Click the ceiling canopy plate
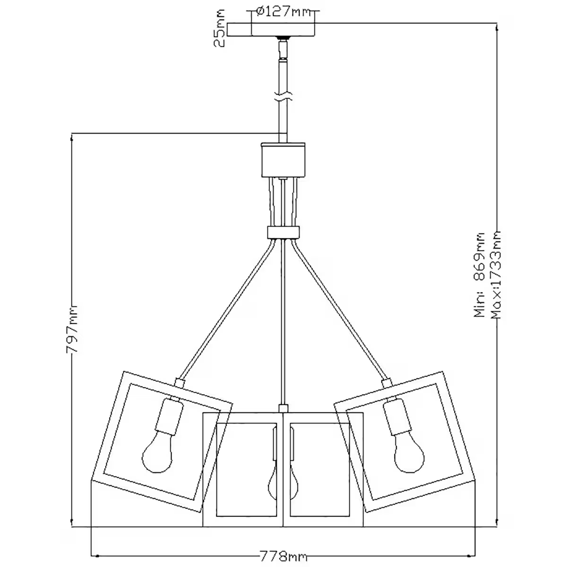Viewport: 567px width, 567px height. (x=272, y=30)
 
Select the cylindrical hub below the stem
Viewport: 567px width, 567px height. (x=283, y=161)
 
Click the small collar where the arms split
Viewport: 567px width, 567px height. (x=283, y=232)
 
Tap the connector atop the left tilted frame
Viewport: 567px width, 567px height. (x=179, y=381)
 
